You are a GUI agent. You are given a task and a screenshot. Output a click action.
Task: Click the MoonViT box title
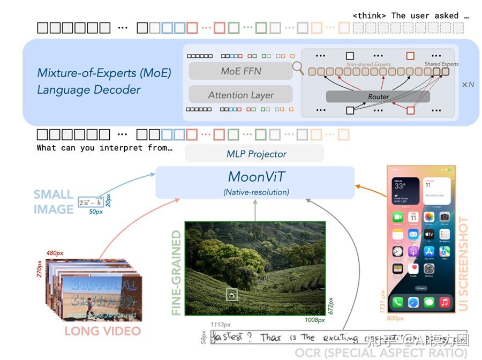pyautogui.click(x=255, y=177)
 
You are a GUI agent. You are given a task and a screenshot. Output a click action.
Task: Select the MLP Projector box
pyautogui.click(x=254, y=154)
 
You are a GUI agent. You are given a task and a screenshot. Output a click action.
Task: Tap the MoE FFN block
pyautogui.click(x=241, y=71)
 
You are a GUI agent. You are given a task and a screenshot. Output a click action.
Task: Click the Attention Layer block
pyautogui.click(x=241, y=95)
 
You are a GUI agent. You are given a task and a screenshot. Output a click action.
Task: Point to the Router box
pyautogui.click(x=378, y=96)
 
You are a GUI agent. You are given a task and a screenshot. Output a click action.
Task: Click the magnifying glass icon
pyautogui.click(x=298, y=68)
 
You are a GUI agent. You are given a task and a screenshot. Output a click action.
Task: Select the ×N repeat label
pyautogui.click(x=468, y=85)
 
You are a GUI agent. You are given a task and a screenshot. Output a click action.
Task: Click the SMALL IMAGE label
pyautogui.click(x=54, y=201)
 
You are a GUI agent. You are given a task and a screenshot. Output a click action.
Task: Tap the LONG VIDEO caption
pyautogui.click(x=102, y=331)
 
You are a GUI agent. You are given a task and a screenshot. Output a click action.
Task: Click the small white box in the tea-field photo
pyautogui.click(x=231, y=294)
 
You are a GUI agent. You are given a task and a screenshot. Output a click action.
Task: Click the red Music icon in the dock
pyautogui.click(x=445, y=303)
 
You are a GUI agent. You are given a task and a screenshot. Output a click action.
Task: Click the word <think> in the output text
pyautogui.click(x=370, y=16)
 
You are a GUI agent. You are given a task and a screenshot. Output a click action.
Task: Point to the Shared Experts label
pyautogui.click(x=441, y=64)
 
